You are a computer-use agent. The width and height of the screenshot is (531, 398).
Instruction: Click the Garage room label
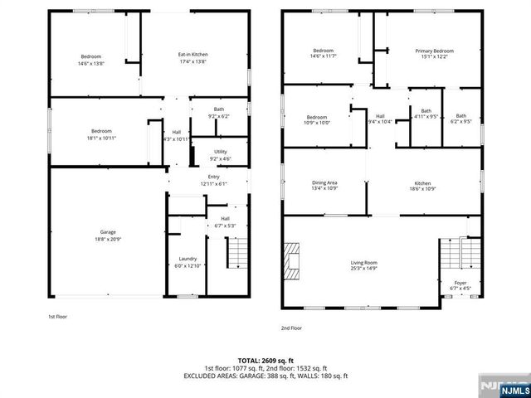pos(108,235)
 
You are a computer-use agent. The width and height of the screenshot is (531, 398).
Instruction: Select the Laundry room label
pos(188,261)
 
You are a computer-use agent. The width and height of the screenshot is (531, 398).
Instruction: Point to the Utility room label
pos(220,155)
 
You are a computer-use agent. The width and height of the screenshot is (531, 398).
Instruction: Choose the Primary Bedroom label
pos(434,54)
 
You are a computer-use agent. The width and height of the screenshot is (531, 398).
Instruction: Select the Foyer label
pos(460,286)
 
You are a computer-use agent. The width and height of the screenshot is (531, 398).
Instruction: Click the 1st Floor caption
pos(57,317)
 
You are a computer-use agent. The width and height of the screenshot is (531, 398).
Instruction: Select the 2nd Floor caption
pos(291,328)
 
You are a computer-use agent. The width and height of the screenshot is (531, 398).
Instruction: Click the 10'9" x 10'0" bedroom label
pos(318,119)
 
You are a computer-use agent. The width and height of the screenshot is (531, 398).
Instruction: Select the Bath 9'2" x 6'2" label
pos(219,112)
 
